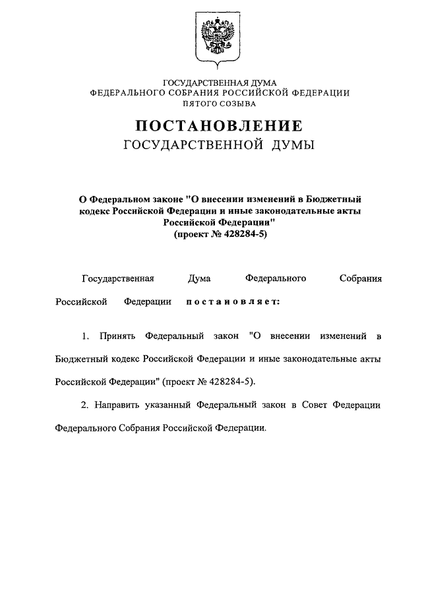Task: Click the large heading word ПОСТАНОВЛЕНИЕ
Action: [220, 125]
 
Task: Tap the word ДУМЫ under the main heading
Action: [291, 144]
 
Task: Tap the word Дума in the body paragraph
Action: [199, 279]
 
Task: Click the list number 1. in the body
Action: [86, 336]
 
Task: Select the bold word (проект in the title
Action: [193, 234]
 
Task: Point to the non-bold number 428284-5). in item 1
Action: [232, 381]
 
